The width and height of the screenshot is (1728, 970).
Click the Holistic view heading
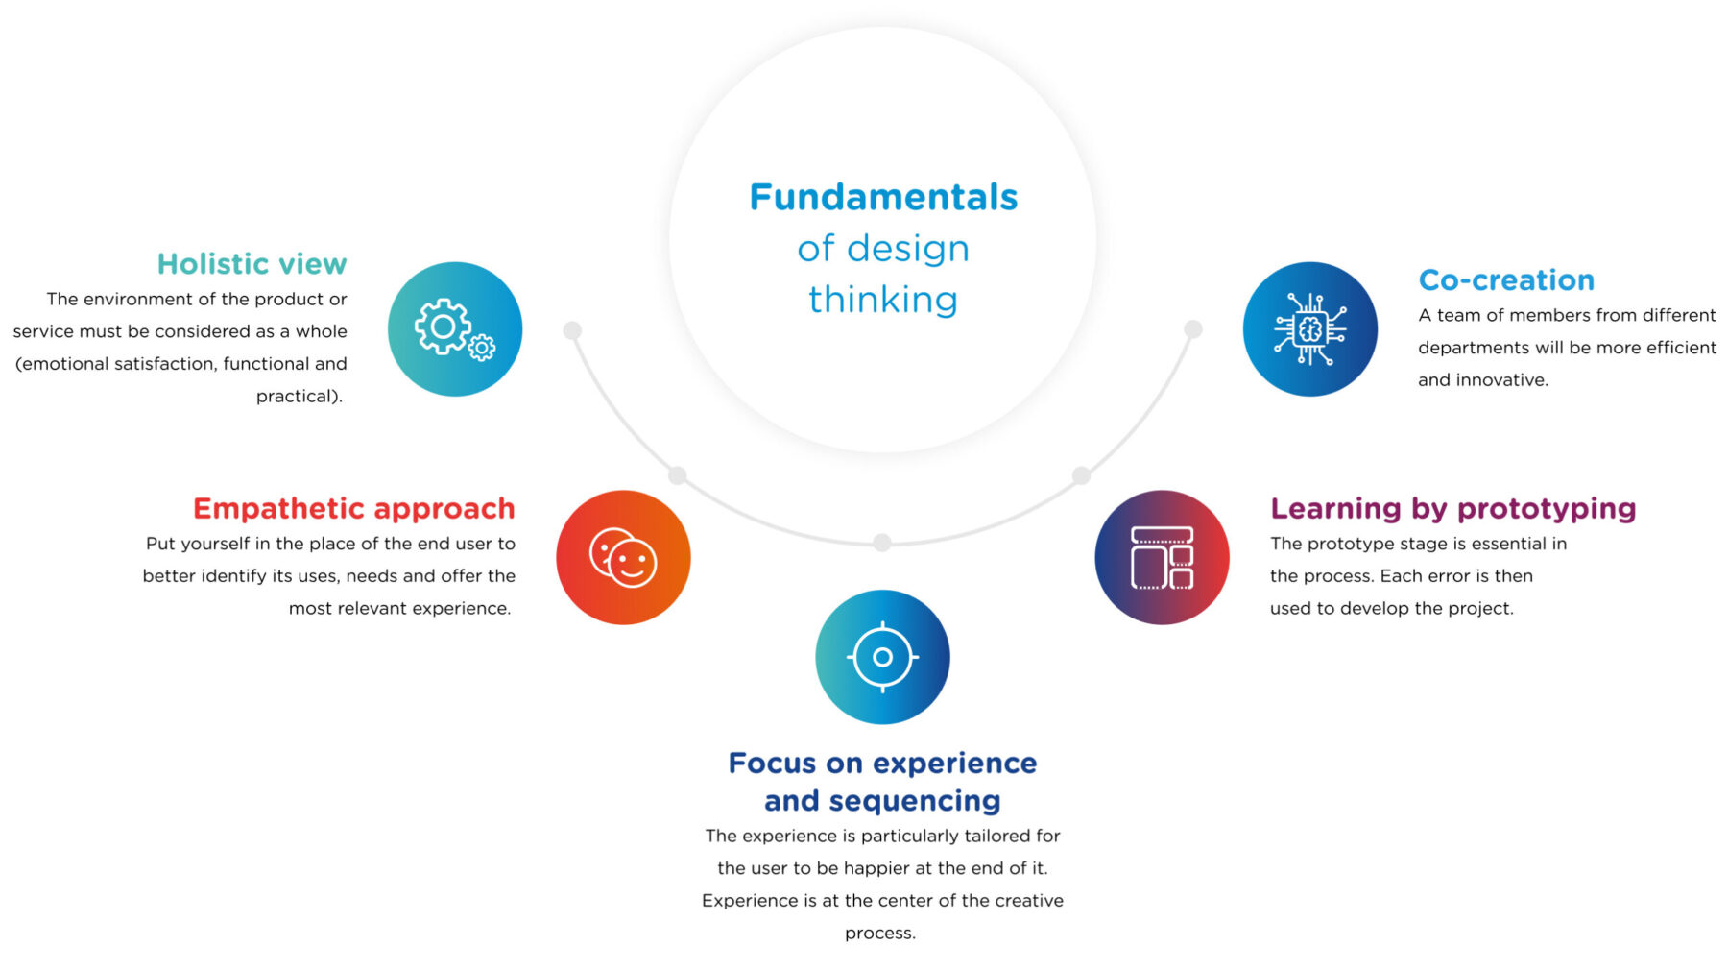(x=252, y=263)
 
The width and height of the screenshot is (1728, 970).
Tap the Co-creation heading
(x=1506, y=279)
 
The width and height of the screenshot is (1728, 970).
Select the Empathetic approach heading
(x=353, y=508)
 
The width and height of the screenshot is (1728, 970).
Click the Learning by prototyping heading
(x=1452, y=508)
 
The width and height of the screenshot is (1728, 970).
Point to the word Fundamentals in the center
(x=883, y=197)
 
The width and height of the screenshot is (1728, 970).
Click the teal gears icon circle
(x=455, y=329)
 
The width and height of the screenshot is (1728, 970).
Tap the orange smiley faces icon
(x=623, y=558)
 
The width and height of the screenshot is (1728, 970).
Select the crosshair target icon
(x=882, y=657)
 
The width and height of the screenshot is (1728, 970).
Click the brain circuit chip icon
(x=1310, y=329)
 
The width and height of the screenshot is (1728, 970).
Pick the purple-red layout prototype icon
(x=1162, y=558)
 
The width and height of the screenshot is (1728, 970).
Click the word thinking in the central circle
(x=883, y=300)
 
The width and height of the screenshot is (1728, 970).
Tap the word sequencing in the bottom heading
(x=915, y=800)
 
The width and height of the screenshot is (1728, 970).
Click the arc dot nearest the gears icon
(x=572, y=330)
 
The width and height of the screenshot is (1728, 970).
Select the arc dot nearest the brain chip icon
(x=1193, y=329)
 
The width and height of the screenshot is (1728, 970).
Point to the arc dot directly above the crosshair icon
(x=882, y=543)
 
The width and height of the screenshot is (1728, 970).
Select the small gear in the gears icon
(x=482, y=347)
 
